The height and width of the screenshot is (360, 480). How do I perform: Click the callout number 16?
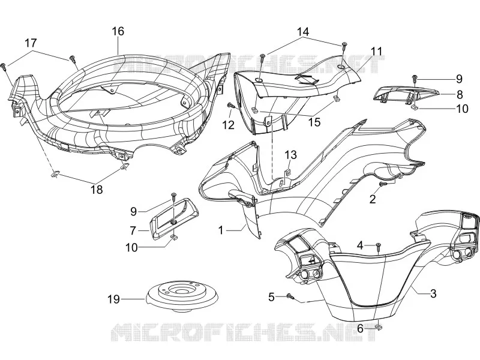click(x=118, y=31)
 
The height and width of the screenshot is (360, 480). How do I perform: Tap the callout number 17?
click(x=31, y=43)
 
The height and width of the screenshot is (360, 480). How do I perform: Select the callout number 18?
click(x=97, y=190)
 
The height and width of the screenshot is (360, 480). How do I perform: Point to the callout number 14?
click(x=303, y=32)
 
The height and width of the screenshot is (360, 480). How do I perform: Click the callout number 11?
click(x=377, y=51)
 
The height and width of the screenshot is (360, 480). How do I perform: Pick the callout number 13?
click(x=291, y=155)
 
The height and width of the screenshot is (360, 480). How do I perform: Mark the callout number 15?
click(x=314, y=122)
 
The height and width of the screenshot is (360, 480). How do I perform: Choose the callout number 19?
click(x=113, y=299)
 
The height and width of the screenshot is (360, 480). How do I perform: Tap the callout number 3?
click(x=433, y=293)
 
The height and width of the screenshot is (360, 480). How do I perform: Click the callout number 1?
click(x=221, y=230)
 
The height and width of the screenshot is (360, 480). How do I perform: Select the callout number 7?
click(x=133, y=230)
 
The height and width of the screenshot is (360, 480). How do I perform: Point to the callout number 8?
click(x=459, y=95)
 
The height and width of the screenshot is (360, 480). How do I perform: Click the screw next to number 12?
click(x=231, y=106)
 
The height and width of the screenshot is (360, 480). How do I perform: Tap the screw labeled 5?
click(x=290, y=296)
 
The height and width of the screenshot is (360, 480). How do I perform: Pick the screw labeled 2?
click(x=383, y=184)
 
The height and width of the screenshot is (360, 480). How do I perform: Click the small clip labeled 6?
click(x=379, y=328)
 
